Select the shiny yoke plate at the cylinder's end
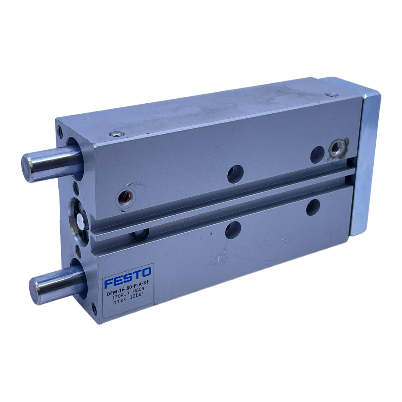pyautogui.click(x=366, y=158)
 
